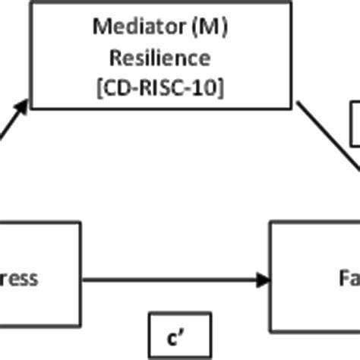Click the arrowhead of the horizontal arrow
click(x=263, y=280)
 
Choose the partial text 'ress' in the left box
click(x=18, y=279)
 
